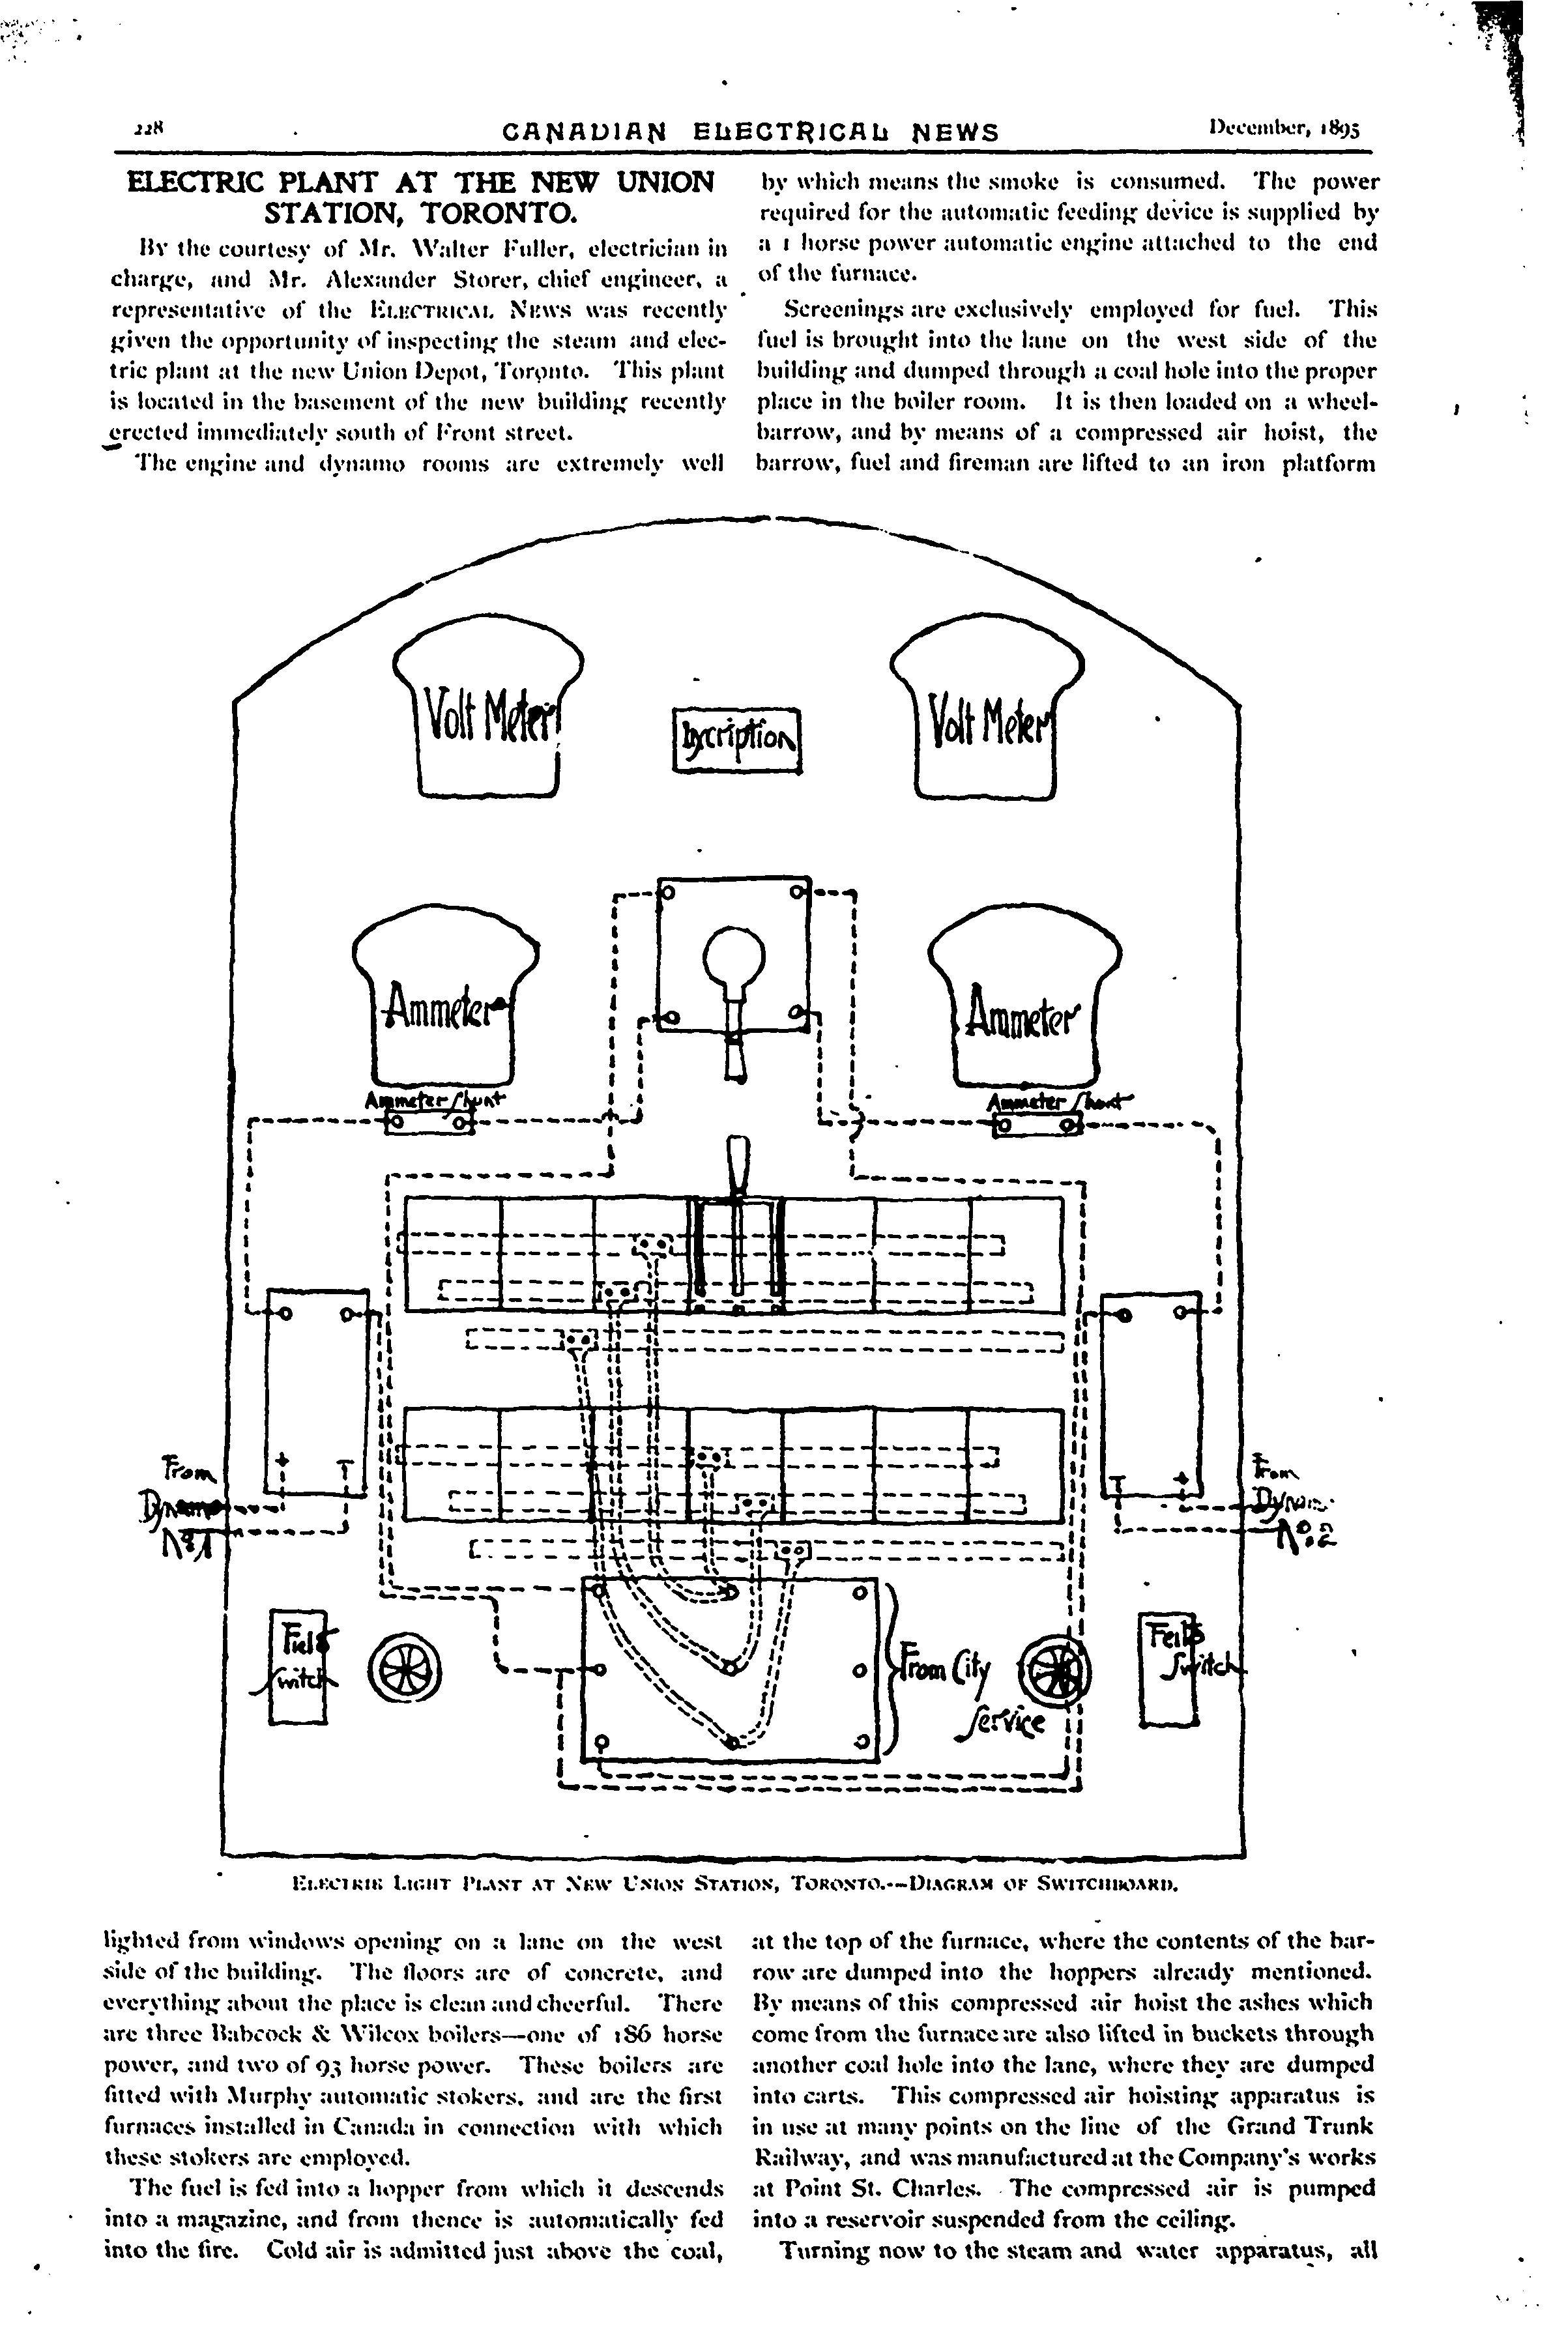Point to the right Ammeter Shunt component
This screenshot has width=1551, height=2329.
click(1037, 1125)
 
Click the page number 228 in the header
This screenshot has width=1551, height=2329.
click(153, 128)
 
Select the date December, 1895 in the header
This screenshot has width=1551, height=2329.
click(1284, 128)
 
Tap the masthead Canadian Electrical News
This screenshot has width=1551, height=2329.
click(751, 132)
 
